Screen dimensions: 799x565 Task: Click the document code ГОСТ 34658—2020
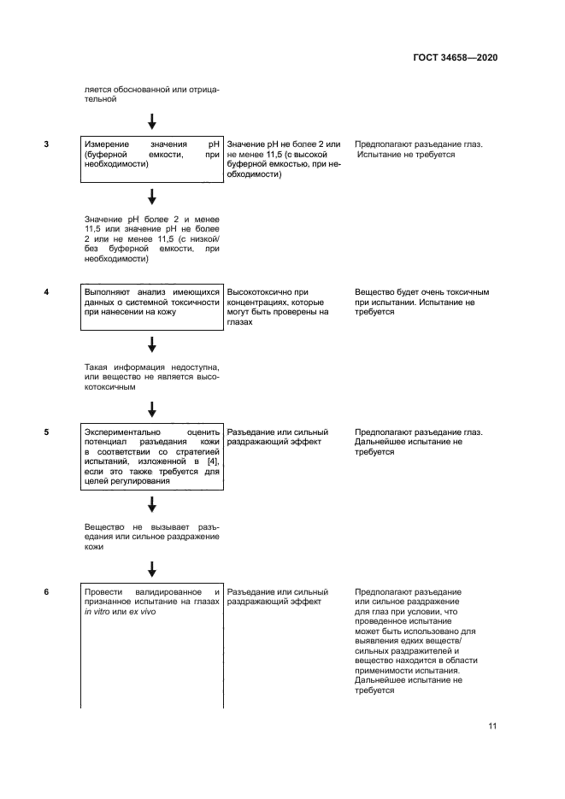pyautogui.click(x=454, y=58)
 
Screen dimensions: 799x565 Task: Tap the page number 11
pyautogui.click(x=492, y=726)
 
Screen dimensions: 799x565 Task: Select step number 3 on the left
pyautogui.click(x=46, y=144)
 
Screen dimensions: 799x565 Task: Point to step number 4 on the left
pyautogui.click(x=46, y=292)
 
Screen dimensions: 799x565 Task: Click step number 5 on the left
pyautogui.click(x=46, y=432)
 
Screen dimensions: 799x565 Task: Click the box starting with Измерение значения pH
pyautogui.click(x=152, y=159)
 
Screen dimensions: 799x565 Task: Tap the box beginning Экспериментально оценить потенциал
pyautogui.click(x=152, y=457)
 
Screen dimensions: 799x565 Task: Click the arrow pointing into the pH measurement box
pyautogui.click(x=152, y=120)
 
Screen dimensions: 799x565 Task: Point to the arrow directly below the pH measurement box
pyautogui.click(x=152, y=198)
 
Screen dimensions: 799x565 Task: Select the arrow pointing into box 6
pyautogui.click(x=152, y=568)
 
